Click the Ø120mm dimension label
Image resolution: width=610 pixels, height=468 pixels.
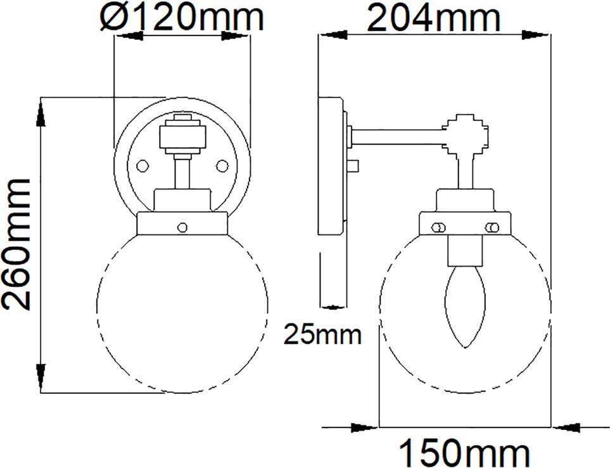click(x=182, y=18)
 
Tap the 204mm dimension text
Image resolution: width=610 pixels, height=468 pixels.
click(x=433, y=18)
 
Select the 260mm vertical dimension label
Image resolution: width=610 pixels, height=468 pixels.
click(x=16, y=244)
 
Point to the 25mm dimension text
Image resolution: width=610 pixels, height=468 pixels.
click(x=322, y=334)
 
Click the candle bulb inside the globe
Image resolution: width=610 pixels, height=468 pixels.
click(x=465, y=307)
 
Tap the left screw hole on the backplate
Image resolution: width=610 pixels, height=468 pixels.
click(x=143, y=166)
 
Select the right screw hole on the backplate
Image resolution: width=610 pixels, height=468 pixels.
click(x=222, y=166)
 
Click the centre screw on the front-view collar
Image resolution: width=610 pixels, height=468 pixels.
click(x=182, y=227)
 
